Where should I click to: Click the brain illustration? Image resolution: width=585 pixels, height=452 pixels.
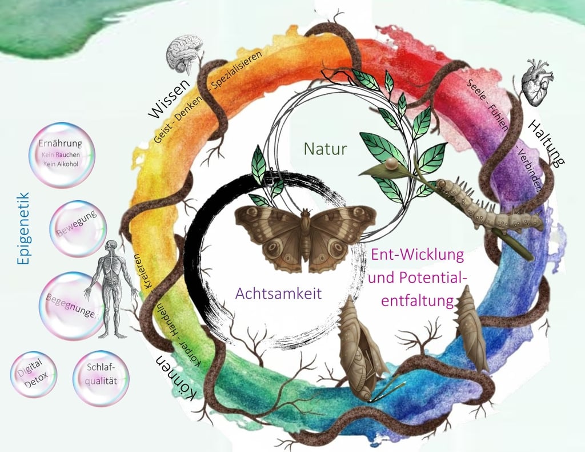pos(184,53)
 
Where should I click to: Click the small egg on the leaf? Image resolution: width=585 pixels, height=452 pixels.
pos(391,165)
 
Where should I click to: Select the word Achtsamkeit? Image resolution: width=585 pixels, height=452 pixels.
pos(278,294)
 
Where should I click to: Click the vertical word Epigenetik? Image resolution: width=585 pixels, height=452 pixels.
pos(23,228)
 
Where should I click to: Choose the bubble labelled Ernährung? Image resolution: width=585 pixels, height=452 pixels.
pos(61,154)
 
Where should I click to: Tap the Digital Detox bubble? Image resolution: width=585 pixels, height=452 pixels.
pos(34,374)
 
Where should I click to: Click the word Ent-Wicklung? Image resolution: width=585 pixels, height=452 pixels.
pos(418,255)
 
